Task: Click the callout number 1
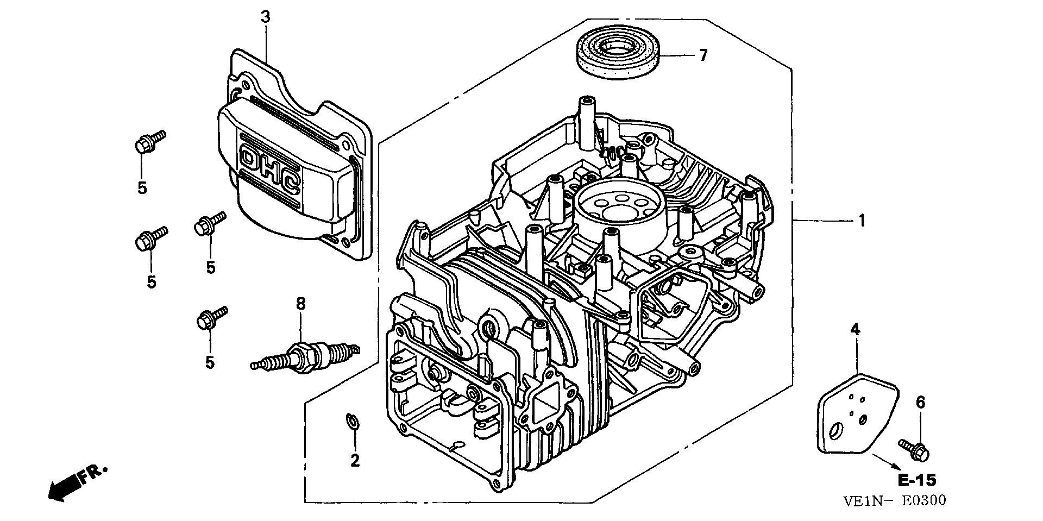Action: (x=861, y=221)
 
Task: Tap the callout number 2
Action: (x=355, y=461)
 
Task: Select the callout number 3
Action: (x=265, y=17)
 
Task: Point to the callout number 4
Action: (x=856, y=329)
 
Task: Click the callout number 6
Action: (x=920, y=403)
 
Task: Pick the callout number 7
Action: (x=703, y=55)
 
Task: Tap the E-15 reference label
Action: (x=916, y=480)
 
